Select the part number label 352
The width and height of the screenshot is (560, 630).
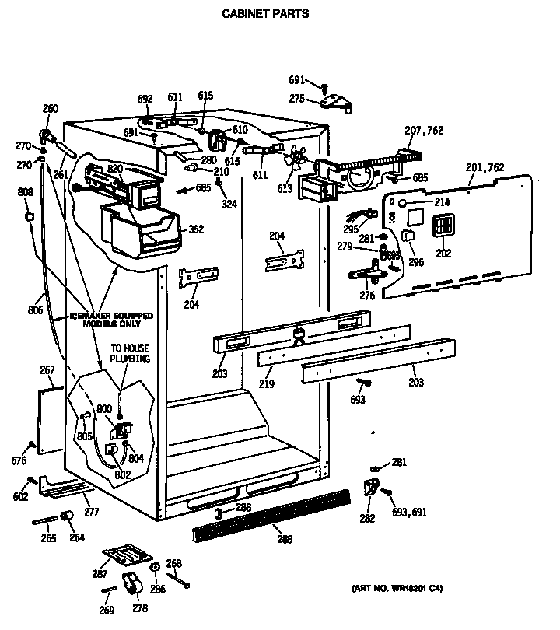(x=196, y=229)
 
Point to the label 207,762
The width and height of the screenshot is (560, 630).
(x=424, y=131)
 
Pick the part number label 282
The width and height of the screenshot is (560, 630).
(x=366, y=518)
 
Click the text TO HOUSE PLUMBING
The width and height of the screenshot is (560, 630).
(x=129, y=354)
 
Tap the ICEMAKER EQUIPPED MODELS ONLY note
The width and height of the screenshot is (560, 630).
(x=110, y=320)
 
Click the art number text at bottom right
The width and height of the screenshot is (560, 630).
(x=402, y=588)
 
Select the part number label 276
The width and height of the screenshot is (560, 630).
(x=367, y=296)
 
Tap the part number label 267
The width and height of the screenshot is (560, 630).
(x=47, y=370)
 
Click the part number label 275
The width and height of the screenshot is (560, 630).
(x=296, y=98)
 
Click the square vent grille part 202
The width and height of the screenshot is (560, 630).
(x=443, y=226)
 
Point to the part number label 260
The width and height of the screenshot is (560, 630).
(x=51, y=109)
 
